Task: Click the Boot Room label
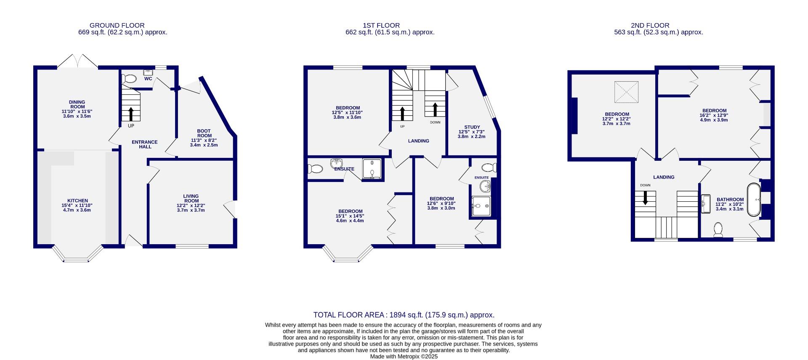tap(204, 133)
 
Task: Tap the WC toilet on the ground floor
tap(129, 79)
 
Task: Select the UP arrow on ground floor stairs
tap(130, 114)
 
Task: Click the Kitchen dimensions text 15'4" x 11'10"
tap(77, 205)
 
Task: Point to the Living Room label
tap(191, 198)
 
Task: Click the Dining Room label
tap(77, 104)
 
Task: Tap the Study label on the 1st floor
tap(472, 127)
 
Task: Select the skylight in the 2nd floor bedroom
tap(627, 92)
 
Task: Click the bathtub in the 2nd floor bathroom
tap(754, 200)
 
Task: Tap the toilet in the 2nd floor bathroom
tap(718, 230)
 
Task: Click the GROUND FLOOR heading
tap(117, 25)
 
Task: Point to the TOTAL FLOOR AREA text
tap(404, 315)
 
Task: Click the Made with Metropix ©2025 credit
tap(404, 356)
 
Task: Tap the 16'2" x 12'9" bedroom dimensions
tap(714, 115)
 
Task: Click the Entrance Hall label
tap(144, 144)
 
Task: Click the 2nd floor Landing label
tap(664, 177)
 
